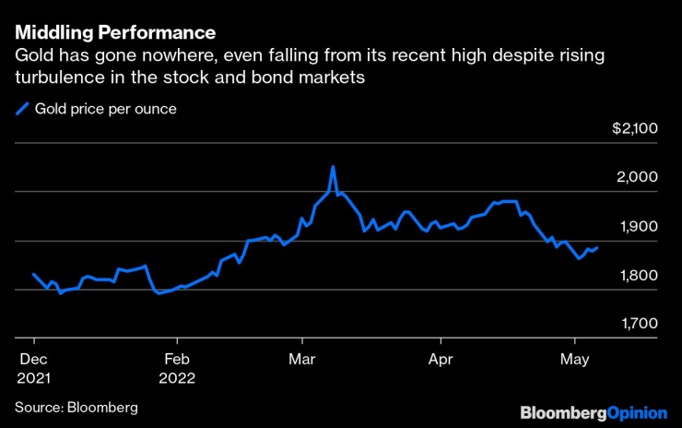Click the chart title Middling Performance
(115, 33)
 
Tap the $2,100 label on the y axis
(633, 129)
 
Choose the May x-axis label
(574, 358)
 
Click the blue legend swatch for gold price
(22, 109)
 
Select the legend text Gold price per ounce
(105, 109)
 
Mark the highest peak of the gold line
(333, 167)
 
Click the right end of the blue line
(597, 247)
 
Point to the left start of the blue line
(33, 274)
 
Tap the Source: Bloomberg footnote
(76, 407)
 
